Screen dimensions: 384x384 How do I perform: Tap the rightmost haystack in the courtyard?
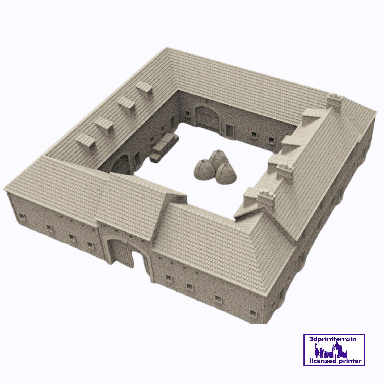click(226, 174)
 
